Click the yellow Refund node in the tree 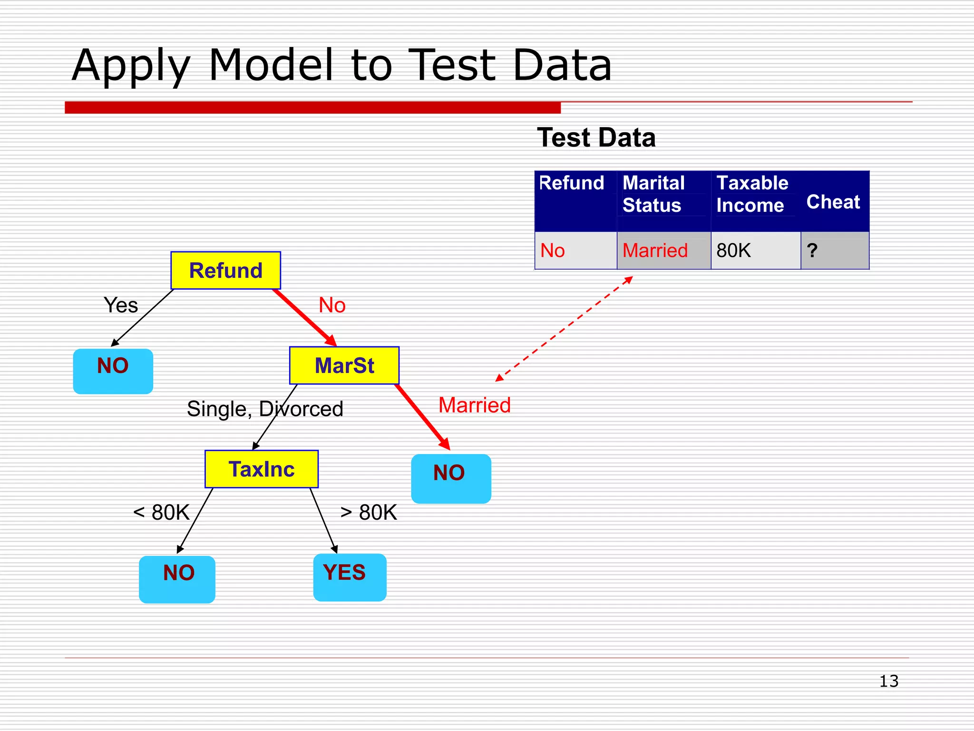pyautogui.click(x=225, y=270)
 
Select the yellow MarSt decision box pyautogui.click(x=344, y=365)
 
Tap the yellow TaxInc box pyautogui.click(x=261, y=469)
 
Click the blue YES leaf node pyautogui.click(x=350, y=577)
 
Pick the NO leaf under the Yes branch pyautogui.click(x=113, y=371)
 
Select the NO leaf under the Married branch pyautogui.click(x=450, y=478)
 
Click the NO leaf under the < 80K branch pyautogui.click(x=177, y=579)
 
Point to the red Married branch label pyautogui.click(x=474, y=405)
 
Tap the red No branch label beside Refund pyautogui.click(x=332, y=305)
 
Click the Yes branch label pyautogui.click(x=121, y=305)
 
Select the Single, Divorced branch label pyautogui.click(x=265, y=409)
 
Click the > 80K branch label pyautogui.click(x=369, y=513)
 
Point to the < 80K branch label pyautogui.click(x=161, y=513)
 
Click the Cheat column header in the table pyautogui.click(x=833, y=202)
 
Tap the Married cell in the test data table pyautogui.click(x=655, y=250)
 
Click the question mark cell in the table pyautogui.click(x=812, y=250)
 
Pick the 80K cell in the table pyautogui.click(x=733, y=250)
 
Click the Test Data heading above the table pyautogui.click(x=596, y=138)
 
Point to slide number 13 pyautogui.click(x=888, y=681)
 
